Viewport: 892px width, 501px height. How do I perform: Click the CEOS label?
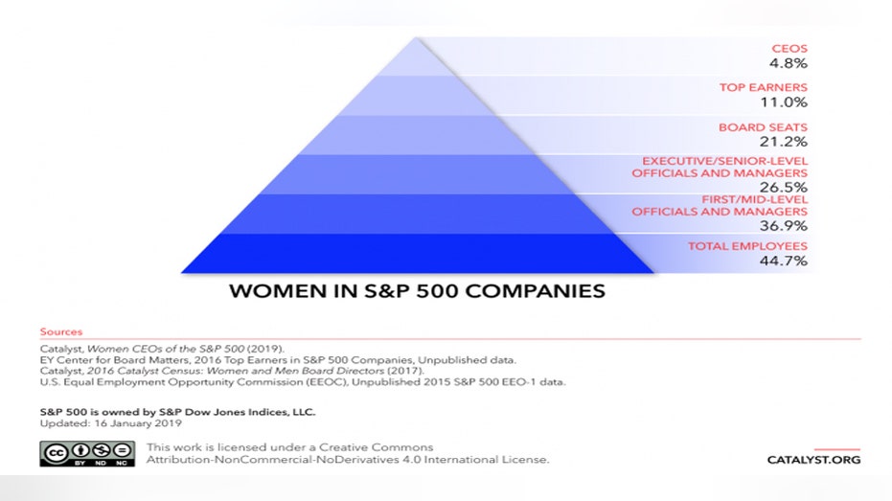789,49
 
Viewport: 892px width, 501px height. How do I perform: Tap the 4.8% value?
789,63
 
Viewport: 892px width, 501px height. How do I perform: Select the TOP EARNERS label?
763,87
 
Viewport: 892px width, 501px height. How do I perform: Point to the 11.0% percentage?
784,102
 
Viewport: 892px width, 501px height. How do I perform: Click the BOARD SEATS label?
763,127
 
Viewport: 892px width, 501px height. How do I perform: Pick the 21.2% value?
784,142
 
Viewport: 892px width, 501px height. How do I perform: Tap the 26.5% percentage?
784,187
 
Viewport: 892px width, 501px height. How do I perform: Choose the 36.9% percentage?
784,226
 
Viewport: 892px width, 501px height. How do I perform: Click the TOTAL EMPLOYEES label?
747,246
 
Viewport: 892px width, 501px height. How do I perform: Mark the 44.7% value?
784,261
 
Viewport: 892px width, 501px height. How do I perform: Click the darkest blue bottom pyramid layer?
417,254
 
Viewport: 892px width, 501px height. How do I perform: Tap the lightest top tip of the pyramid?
416,57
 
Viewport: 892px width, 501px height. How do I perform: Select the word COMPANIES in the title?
535,291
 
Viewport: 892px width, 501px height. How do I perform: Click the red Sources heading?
61,331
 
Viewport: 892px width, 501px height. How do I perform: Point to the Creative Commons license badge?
87,453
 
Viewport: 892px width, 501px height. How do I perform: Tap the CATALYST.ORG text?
813,460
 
